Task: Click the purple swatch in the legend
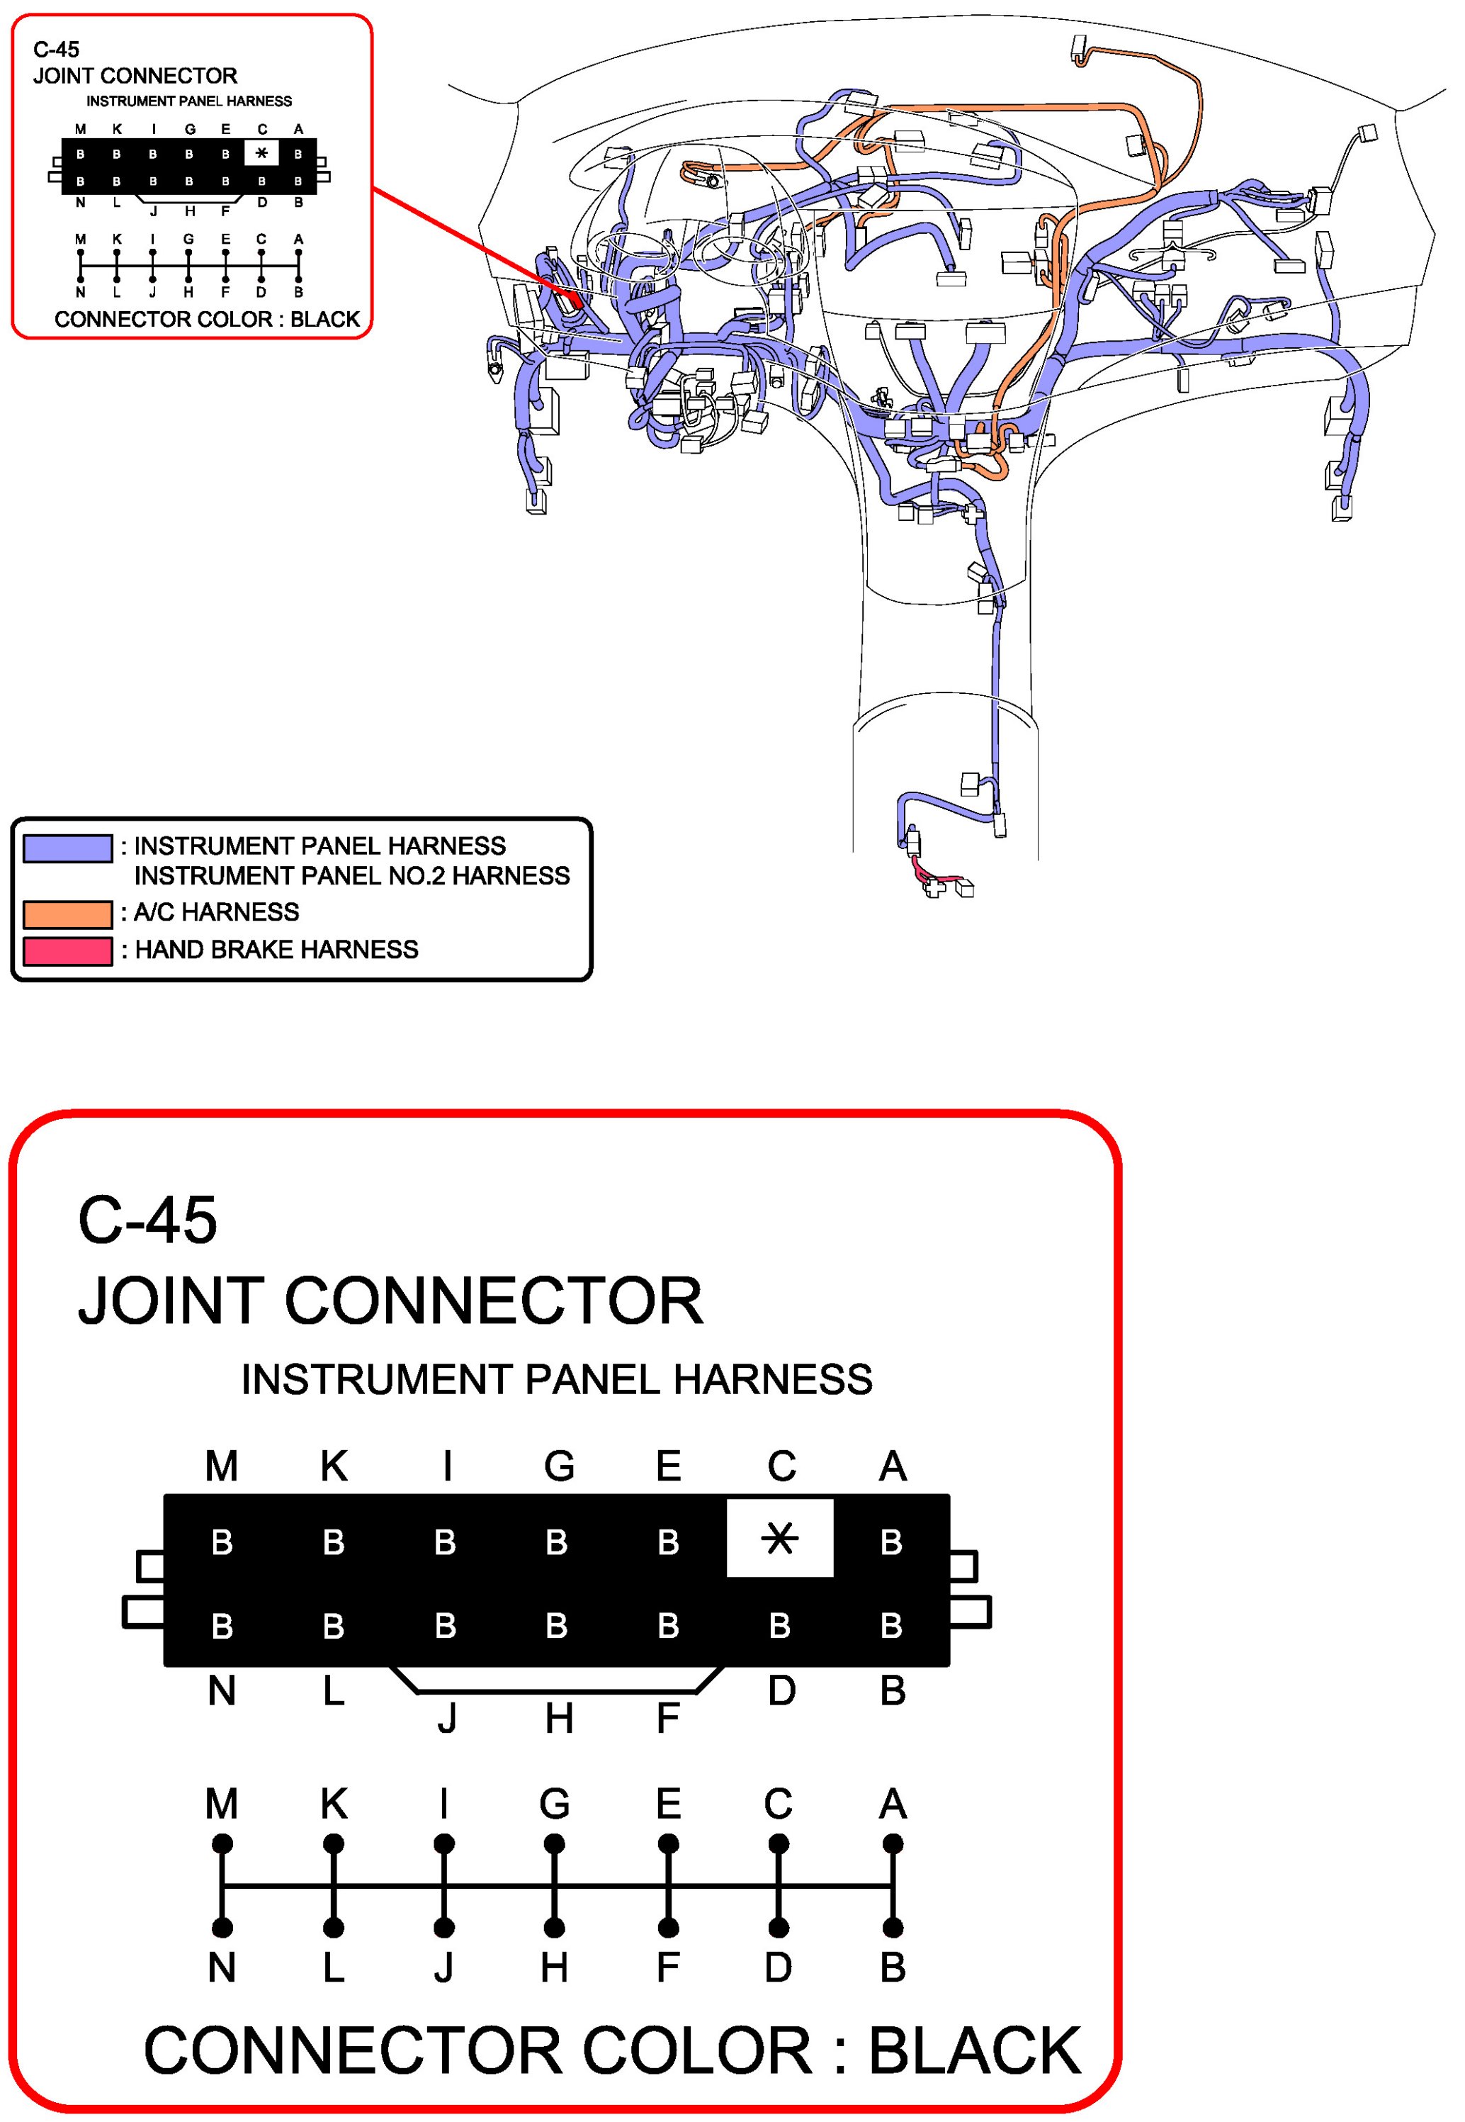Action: coord(67,848)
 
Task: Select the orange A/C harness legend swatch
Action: coord(67,914)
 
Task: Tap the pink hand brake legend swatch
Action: coord(67,951)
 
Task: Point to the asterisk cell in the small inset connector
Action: coord(261,152)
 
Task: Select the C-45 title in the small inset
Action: coord(56,50)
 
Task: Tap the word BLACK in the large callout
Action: coord(974,2050)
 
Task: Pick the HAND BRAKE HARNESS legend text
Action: coord(276,950)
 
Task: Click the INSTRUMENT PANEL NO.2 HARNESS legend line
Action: coord(351,876)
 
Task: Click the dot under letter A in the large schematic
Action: coord(892,1843)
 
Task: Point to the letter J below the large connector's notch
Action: coord(446,1718)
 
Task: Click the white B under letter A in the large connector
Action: coord(891,1543)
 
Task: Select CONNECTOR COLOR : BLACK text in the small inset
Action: coord(207,320)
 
